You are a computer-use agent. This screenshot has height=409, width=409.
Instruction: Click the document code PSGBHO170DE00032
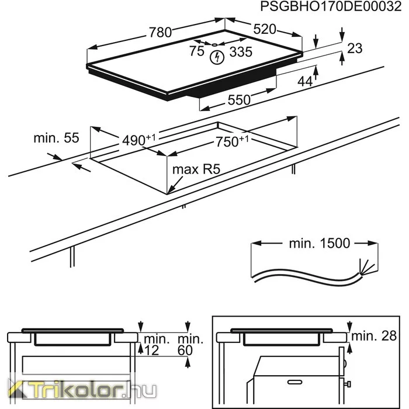point(331,6)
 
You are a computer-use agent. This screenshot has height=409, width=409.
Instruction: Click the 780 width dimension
point(160,33)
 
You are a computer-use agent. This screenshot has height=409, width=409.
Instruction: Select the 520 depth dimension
point(265,29)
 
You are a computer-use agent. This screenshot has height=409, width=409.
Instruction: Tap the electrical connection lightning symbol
point(217,57)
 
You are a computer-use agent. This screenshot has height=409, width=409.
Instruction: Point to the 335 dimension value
point(241,51)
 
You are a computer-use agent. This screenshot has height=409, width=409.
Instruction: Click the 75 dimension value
point(197,51)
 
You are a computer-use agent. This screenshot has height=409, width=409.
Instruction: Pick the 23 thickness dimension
point(355,48)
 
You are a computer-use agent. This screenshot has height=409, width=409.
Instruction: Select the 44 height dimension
point(305,81)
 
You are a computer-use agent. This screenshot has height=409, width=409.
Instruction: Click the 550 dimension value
point(239,100)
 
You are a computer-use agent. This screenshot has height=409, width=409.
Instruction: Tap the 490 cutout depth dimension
point(139,140)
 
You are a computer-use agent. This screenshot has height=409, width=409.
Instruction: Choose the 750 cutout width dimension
point(232,141)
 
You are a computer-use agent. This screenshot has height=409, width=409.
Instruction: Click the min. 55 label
point(56,138)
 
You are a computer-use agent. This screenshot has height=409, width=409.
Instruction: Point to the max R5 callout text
point(196,169)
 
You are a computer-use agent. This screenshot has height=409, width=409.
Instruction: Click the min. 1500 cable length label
point(320,244)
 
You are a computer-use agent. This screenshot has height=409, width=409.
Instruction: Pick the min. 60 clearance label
point(190,345)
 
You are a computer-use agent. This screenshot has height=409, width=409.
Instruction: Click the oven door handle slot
point(294,382)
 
